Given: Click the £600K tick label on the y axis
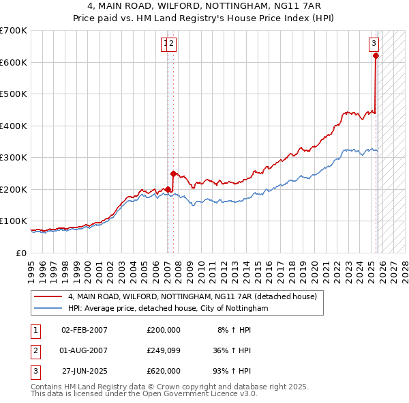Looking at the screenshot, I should pyautogui.click(x=14, y=62).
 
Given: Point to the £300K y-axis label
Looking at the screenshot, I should pyautogui.click(x=14, y=158).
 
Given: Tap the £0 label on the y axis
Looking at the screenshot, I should pyautogui.click(x=22, y=253).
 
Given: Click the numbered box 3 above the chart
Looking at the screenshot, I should pyautogui.click(x=374, y=44).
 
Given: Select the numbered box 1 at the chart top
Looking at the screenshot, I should pyautogui.click(x=166, y=44).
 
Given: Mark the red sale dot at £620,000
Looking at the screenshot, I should pyautogui.click(x=376, y=56).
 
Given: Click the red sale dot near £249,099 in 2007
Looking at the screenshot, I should pyautogui.click(x=173, y=173).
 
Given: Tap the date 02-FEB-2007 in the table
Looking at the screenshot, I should pyautogui.click(x=84, y=330).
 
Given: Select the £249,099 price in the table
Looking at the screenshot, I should pyautogui.click(x=164, y=350).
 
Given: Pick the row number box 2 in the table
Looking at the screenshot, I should pyautogui.click(x=35, y=350).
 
